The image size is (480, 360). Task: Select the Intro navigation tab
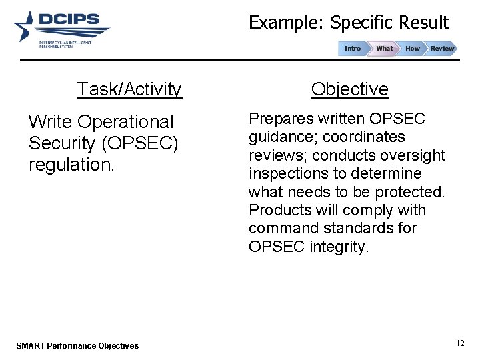[x=352, y=48]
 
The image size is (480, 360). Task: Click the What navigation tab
[x=384, y=48]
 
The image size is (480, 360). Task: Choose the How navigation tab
[x=413, y=48]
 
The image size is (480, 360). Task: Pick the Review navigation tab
[x=441, y=48]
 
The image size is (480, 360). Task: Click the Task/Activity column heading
[x=129, y=89]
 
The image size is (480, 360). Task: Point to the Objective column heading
[x=350, y=89]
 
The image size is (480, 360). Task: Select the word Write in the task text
[x=51, y=122]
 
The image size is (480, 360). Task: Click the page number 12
[x=460, y=343]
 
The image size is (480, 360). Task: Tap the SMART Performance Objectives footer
[x=77, y=345]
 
